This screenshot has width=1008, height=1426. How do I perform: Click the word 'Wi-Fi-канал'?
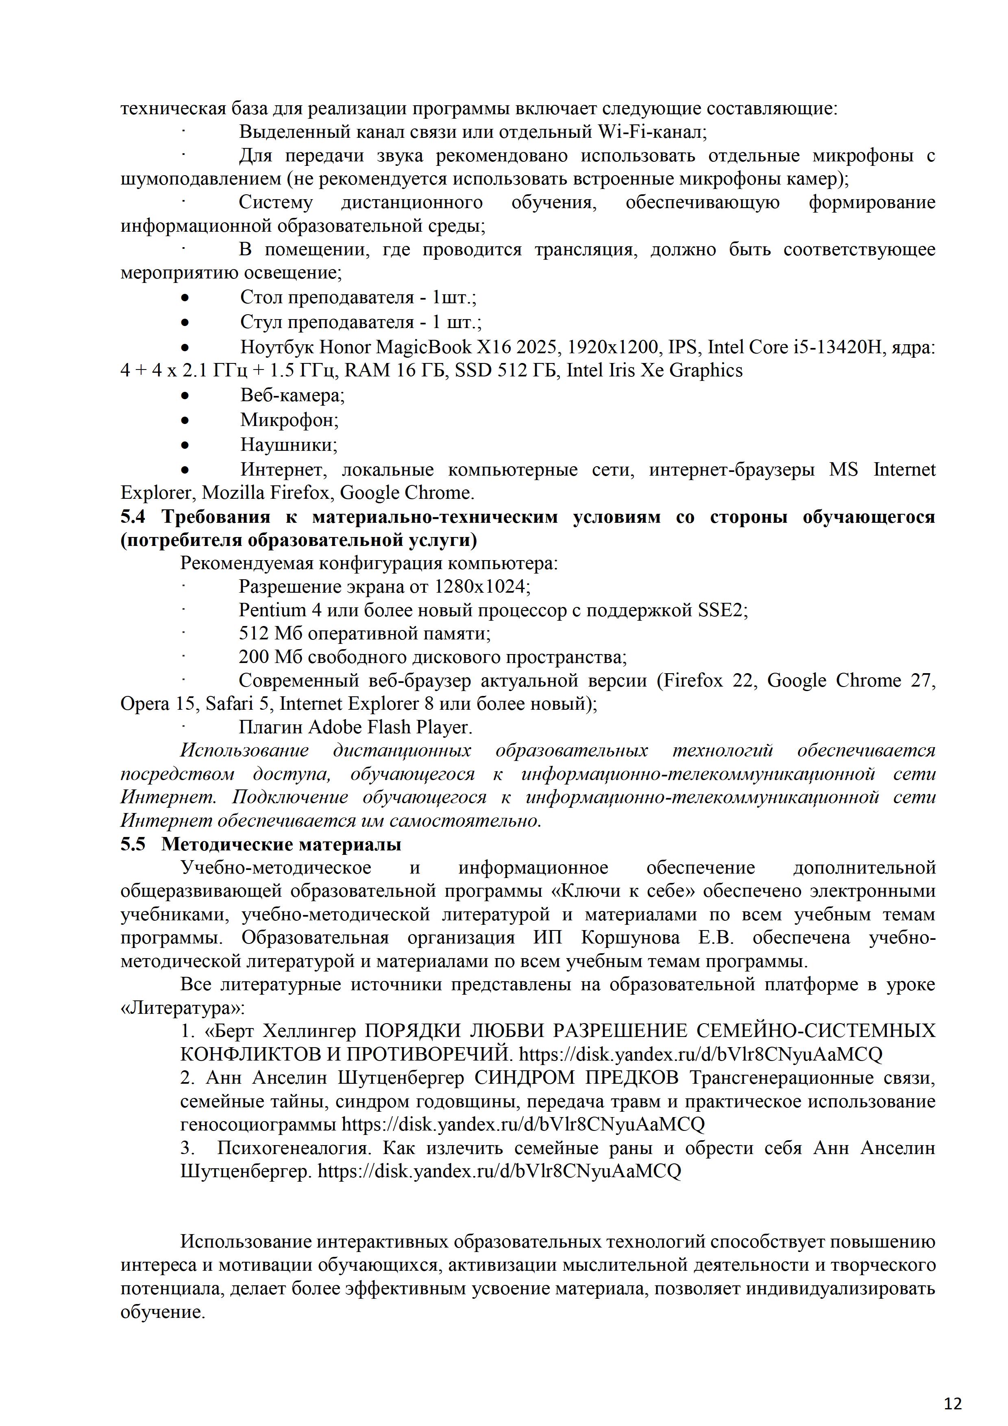tap(651, 132)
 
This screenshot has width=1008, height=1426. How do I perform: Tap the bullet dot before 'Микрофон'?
tap(185, 420)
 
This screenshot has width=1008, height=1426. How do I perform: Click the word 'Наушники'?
tap(289, 445)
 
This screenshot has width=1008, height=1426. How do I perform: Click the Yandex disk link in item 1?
tap(700, 1054)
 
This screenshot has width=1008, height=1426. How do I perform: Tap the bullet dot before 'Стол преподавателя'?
tap(185, 298)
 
